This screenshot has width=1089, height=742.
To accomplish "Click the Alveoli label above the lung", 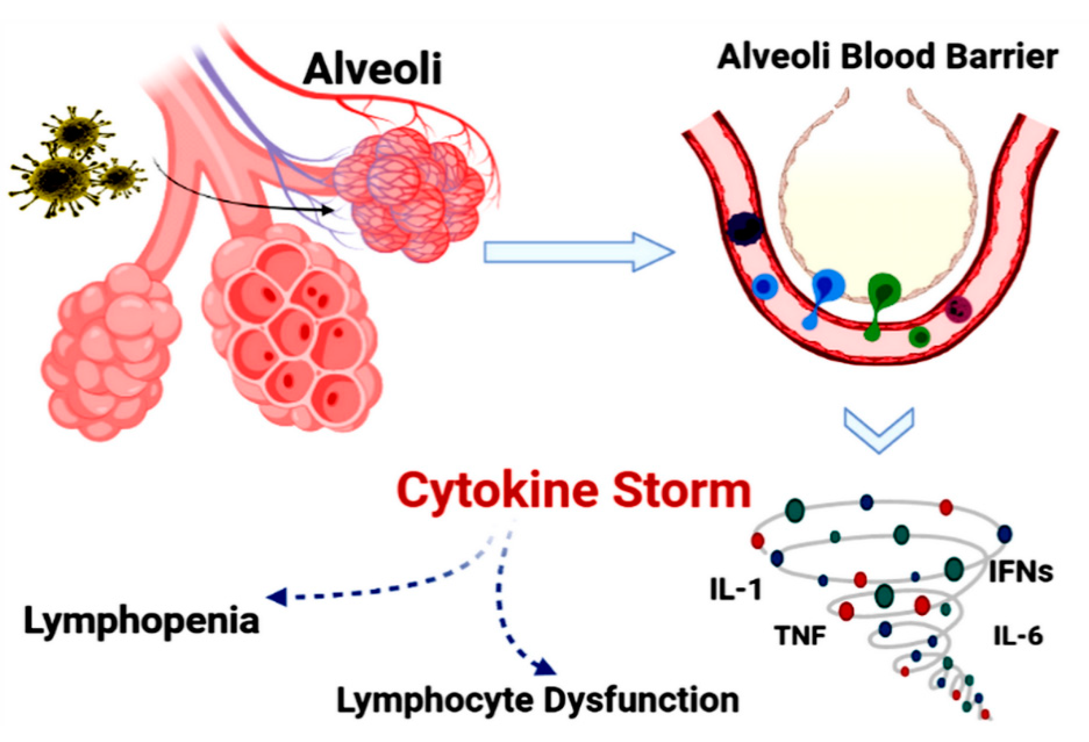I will (x=373, y=69).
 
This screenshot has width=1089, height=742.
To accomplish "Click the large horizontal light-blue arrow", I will (x=579, y=252).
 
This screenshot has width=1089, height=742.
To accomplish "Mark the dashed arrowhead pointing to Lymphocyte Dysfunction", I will (x=546, y=667).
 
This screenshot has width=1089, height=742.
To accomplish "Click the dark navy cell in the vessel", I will (x=745, y=228).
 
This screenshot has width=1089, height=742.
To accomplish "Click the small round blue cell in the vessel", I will (x=765, y=285).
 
